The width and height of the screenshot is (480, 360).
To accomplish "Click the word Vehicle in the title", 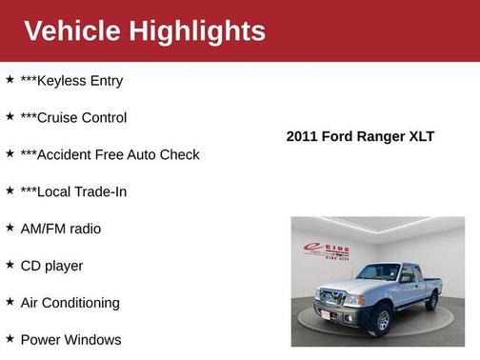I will [72, 30].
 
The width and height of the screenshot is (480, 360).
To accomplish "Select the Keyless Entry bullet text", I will [71, 81].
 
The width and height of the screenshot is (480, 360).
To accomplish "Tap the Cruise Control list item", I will [73, 118].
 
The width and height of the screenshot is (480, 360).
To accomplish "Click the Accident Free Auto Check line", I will [110, 154].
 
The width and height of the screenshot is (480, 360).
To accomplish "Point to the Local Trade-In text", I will [73, 191].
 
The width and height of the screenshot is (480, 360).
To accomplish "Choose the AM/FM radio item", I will [60, 229].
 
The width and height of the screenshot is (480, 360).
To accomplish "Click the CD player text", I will [51, 266].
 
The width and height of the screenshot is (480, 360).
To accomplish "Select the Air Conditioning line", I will [70, 303].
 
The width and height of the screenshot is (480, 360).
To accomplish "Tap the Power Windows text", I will [70, 339].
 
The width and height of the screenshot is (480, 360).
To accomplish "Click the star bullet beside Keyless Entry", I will [10, 80].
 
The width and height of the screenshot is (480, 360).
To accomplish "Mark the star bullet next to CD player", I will [10, 265].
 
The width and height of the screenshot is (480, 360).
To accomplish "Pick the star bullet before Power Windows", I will [10, 338].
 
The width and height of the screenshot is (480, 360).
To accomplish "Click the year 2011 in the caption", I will [302, 136].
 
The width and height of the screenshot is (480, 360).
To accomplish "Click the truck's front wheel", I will [383, 319].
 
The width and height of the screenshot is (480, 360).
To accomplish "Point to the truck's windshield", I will [378, 272].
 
